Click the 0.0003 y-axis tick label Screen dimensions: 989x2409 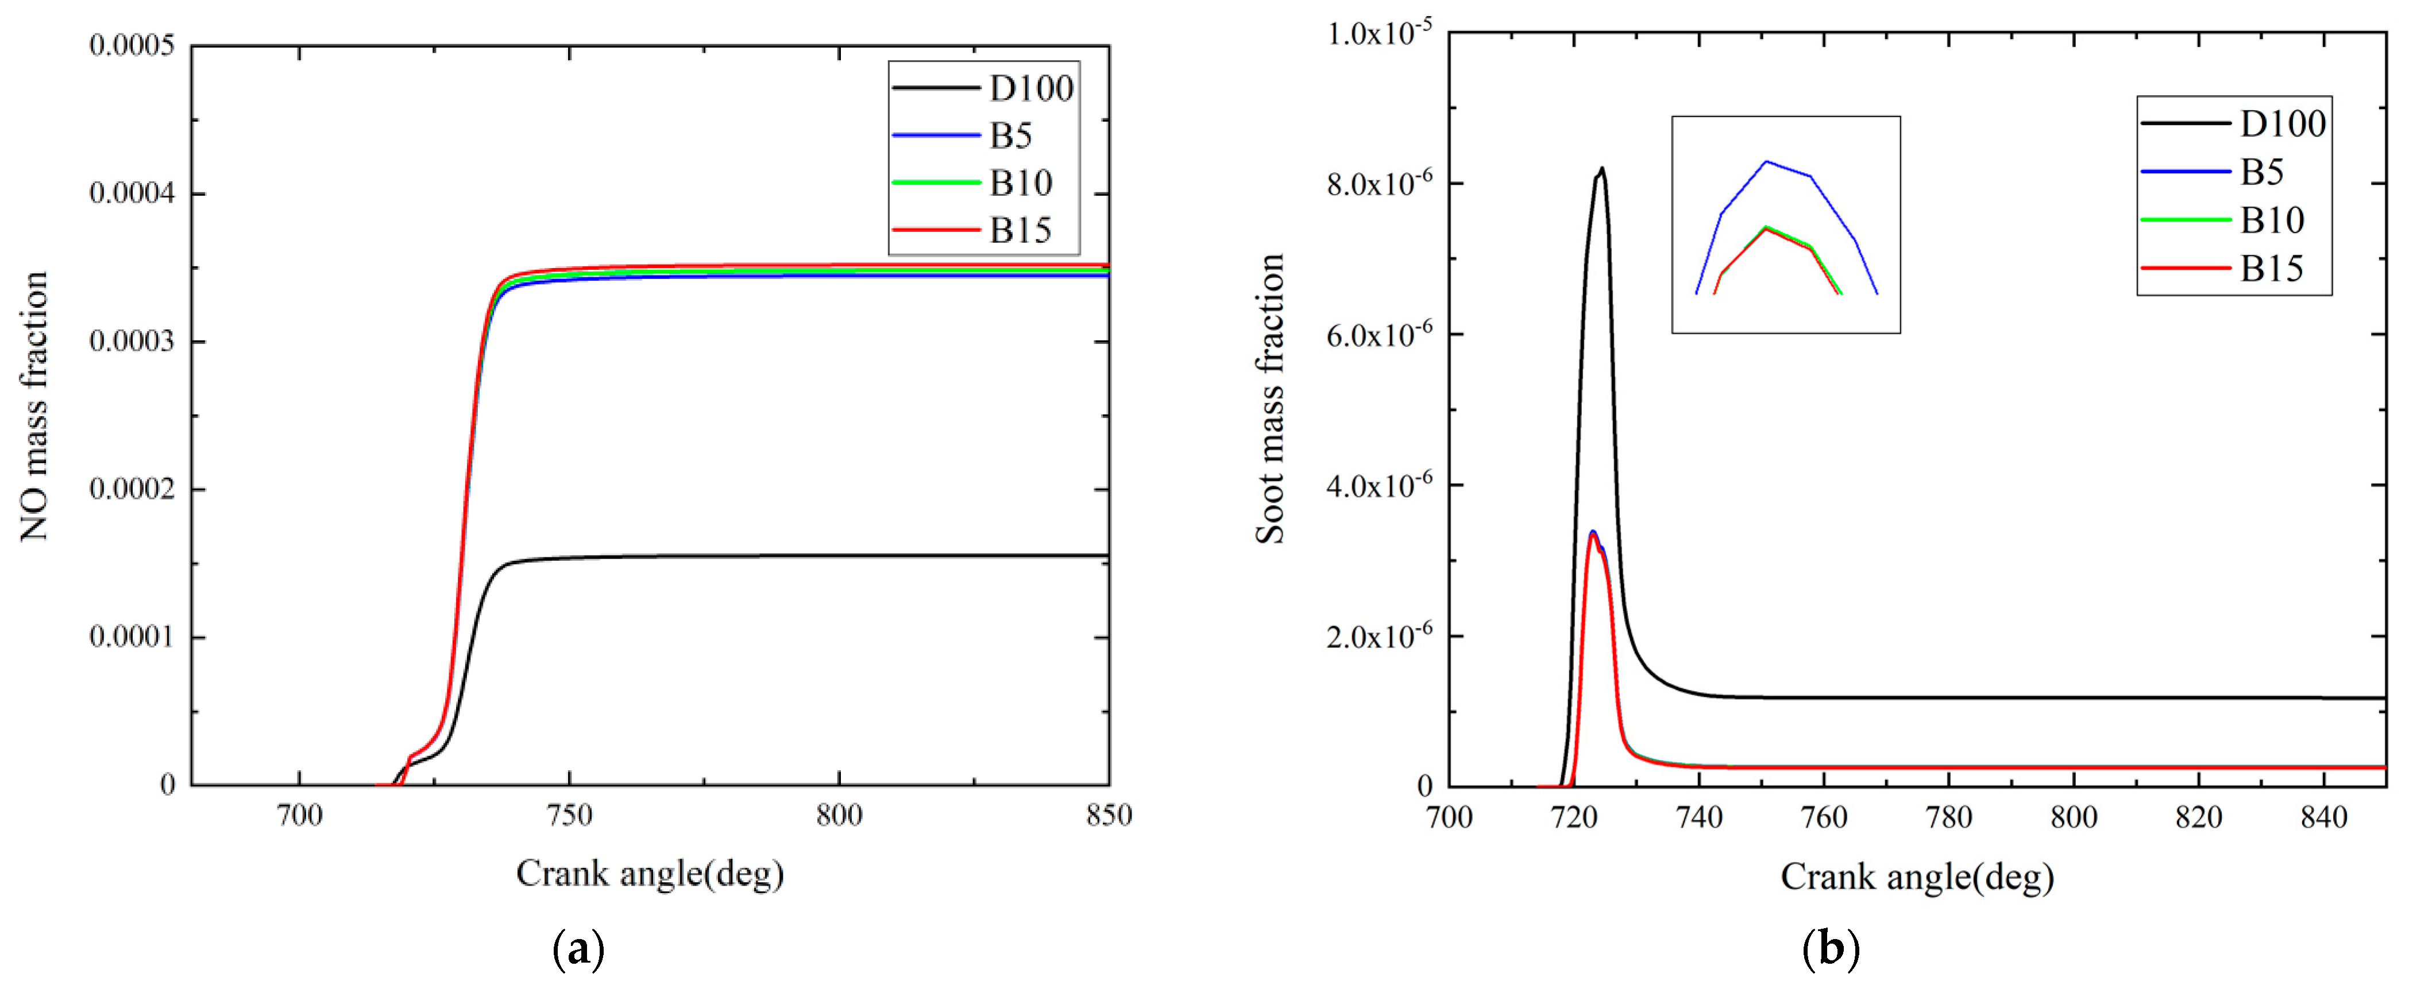132,341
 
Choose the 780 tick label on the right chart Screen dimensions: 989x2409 1949,818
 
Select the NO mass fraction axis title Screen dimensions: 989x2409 34,406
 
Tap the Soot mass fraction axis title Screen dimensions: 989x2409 1270,399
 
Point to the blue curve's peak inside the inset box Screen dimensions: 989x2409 1766,162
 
